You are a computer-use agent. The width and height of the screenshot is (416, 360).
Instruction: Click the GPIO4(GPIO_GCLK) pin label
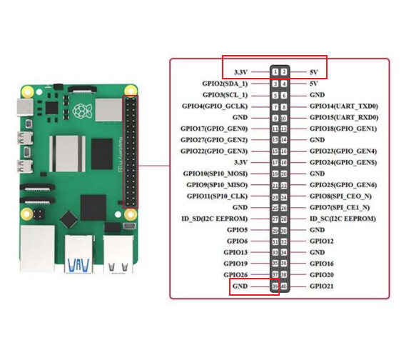[215, 106]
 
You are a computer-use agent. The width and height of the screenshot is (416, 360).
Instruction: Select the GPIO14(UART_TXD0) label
[344, 106]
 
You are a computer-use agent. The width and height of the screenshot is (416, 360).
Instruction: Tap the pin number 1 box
[275, 71]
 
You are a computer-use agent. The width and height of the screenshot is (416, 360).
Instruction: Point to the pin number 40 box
[284, 286]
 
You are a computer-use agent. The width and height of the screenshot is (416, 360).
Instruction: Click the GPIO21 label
[322, 286]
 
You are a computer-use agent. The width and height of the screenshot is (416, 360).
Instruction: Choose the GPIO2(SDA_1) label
[225, 84]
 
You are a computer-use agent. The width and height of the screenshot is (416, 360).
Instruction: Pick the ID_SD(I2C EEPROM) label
[214, 219]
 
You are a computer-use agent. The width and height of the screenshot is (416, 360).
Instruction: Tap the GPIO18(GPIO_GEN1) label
[343, 129]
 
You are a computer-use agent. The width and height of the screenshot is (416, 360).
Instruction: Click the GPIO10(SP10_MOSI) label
[215, 174]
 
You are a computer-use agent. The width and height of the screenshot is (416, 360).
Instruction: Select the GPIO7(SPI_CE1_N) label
[340, 208]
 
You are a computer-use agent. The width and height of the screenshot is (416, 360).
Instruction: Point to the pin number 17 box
[275, 162]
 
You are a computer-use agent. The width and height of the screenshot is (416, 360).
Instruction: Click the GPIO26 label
[235, 275]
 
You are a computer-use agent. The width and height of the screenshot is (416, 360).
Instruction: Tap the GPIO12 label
[322, 241]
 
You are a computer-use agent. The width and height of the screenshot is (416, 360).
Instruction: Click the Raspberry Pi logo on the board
[83, 111]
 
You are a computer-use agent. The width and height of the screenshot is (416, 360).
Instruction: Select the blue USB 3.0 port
[78, 254]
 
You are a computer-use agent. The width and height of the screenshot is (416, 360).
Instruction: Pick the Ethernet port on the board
[37, 249]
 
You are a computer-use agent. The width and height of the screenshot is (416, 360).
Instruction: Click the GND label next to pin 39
[240, 286]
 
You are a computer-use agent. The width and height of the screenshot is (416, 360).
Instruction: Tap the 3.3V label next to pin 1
[240, 72]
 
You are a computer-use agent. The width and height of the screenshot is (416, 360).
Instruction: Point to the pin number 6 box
[284, 95]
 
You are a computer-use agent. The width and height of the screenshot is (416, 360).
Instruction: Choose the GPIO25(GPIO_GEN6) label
[343, 185]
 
